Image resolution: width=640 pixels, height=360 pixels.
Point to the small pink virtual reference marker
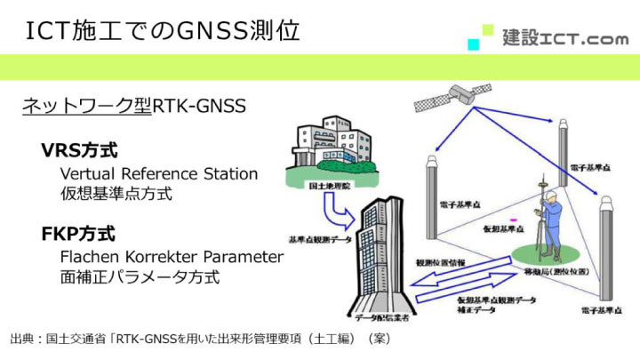[x=513, y=220]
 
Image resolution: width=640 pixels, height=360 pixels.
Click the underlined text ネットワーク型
[x=87, y=107]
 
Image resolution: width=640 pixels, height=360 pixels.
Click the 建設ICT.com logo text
[x=565, y=38]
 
